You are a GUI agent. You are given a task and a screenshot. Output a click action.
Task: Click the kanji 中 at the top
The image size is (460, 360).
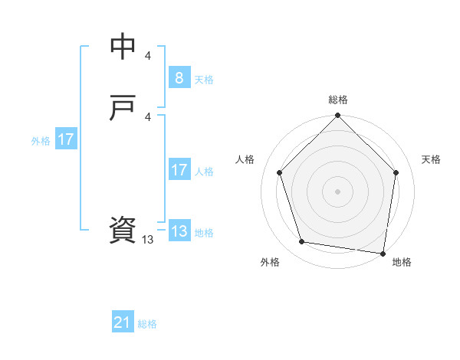point(123,47)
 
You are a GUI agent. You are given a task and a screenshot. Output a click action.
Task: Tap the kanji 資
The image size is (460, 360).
point(123,230)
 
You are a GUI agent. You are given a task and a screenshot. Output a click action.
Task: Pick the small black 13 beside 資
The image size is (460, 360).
point(148,240)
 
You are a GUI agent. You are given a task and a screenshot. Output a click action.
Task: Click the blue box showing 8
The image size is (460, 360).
point(179,77)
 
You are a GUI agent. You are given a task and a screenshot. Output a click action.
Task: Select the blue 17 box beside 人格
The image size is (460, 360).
point(179,170)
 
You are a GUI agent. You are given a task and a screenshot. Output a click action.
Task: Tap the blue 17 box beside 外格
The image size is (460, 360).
point(66,139)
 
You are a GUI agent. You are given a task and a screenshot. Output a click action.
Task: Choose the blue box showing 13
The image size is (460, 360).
point(179,231)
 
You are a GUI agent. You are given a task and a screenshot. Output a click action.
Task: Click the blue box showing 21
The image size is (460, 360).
point(123,322)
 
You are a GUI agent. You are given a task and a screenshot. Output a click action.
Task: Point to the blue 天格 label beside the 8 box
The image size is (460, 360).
point(204,79)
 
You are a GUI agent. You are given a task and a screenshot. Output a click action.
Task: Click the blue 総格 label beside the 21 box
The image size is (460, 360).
point(147,324)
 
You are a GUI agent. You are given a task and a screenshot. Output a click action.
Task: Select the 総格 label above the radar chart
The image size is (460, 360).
point(338,100)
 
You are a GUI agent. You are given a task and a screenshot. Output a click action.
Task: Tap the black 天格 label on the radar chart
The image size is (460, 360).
point(432,159)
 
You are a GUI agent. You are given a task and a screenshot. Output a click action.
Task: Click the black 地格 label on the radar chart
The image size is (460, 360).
point(402,263)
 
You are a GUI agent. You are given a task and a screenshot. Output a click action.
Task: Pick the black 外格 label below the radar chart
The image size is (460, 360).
point(270,263)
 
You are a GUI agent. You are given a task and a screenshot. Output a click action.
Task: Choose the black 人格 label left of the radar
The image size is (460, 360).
point(245,159)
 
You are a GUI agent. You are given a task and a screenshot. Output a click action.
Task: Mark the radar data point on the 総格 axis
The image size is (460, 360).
point(338,116)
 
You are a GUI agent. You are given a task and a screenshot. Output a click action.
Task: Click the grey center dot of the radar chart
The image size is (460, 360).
point(338,191)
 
